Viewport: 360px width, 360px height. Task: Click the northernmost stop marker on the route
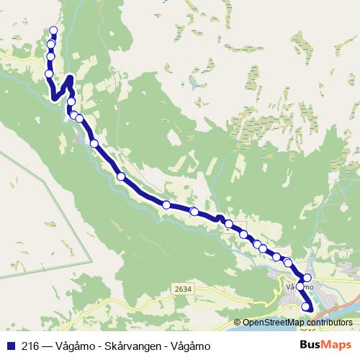pos(53,30)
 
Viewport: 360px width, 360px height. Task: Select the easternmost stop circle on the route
pos(307,278)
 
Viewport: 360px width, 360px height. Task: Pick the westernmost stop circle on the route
pos(49,73)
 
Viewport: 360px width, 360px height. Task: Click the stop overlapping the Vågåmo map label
pos(300,287)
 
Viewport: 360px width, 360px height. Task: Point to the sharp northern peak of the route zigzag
pos(70,78)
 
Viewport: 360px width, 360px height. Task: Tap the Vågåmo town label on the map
pos(300,287)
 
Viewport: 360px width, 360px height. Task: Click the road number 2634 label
pos(184,289)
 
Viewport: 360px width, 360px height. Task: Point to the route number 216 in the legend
pos(30,345)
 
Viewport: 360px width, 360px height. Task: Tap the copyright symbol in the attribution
pos(238,323)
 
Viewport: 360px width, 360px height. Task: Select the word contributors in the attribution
pos(328,323)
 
